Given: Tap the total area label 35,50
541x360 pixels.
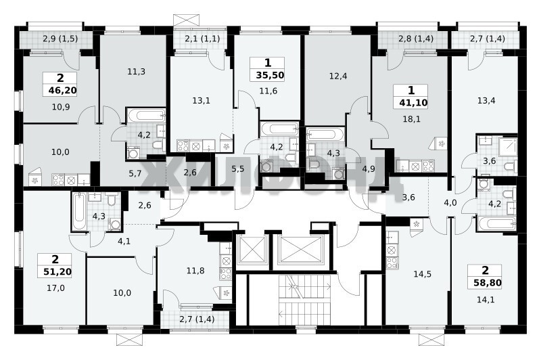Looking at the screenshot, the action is pyautogui.click(x=270, y=75).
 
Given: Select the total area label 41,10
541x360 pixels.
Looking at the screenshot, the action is pyautogui.click(x=413, y=102).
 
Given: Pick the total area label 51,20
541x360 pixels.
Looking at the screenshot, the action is pyautogui.click(x=57, y=271).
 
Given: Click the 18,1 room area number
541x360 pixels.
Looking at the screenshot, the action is pyautogui.click(x=412, y=119).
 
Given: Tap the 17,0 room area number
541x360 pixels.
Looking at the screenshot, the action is pyautogui.click(x=56, y=288).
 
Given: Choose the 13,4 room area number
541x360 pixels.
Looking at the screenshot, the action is pyautogui.click(x=486, y=101).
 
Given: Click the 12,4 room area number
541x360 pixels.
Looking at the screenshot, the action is pyautogui.click(x=338, y=76).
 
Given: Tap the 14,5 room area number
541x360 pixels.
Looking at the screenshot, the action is pyautogui.click(x=422, y=275).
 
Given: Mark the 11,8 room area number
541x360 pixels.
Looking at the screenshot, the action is pyautogui.click(x=195, y=271).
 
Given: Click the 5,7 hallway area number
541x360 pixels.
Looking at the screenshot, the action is pyautogui.click(x=135, y=174).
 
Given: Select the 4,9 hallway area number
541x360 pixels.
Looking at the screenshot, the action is pyautogui.click(x=368, y=169).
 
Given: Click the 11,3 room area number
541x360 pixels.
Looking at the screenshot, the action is pyautogui.click(x=137, y=72).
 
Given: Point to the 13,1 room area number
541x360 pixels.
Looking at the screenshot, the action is pyautogui.click(x=201, y=101).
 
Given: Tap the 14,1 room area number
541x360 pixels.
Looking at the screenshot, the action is pyautogui.click(x=486, y=300).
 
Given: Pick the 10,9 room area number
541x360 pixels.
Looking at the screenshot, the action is pyautogui.click(x=61, y=108).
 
